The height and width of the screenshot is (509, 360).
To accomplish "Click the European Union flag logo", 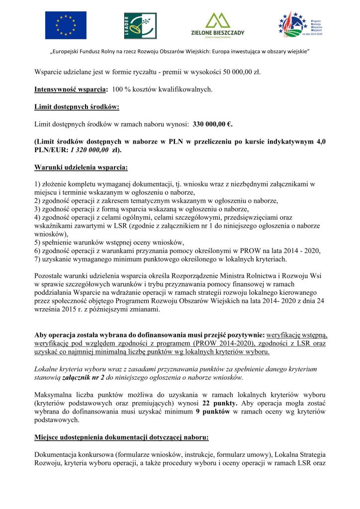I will (66, 25).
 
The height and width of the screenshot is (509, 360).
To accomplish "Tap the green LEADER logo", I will (140, 26).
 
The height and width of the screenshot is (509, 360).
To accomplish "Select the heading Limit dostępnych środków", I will (77, 107).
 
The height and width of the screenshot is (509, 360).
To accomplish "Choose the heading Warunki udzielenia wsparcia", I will (81, 167).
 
